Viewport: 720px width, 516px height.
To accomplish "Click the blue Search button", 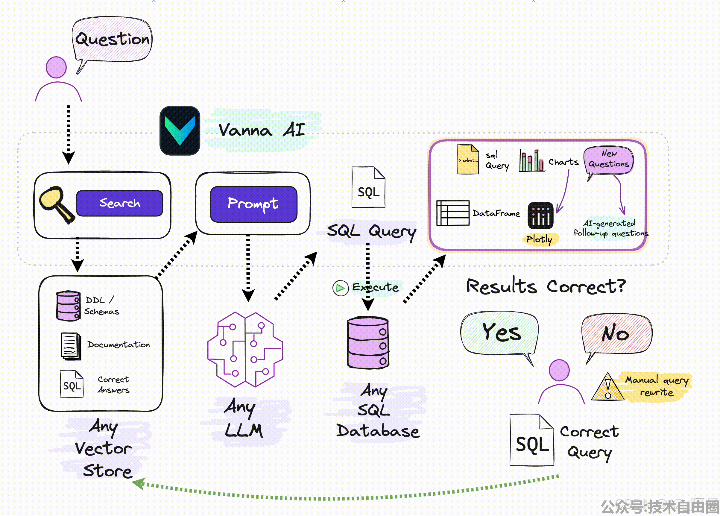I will point(119,203).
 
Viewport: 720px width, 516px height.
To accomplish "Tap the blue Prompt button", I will point(253,204).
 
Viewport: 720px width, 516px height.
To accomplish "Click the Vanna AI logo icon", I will point(180,130).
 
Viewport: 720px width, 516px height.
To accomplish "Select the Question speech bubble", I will point(112,39).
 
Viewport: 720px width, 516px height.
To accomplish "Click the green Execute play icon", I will point(340,288).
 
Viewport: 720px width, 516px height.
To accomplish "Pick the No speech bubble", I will point(616,333).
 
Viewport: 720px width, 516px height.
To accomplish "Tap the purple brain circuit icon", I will point(245,350).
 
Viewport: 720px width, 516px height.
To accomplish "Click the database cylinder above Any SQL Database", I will point(368,343).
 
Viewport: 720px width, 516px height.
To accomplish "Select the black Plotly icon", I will point(540,215).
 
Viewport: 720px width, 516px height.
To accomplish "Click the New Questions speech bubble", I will point(609,160).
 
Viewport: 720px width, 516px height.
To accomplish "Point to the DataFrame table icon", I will point(453,213).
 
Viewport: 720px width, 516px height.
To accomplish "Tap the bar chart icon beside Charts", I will point(532,161).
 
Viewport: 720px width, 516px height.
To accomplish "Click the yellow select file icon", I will point(468,160).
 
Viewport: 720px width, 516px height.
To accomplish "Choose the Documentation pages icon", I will point(71,346).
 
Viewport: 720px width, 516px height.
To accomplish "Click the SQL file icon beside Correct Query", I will point(532,441).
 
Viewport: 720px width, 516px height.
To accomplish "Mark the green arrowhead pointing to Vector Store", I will point(139,484).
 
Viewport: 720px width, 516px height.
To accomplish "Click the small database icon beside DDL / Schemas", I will point(68,306).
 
